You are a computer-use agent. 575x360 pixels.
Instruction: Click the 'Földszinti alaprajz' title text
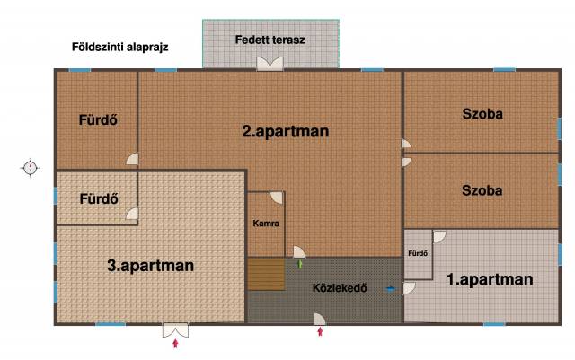pyautogui.click(x=119, y=48)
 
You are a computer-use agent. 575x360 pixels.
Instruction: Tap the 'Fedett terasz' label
pyautogui.click(x=270, y=40)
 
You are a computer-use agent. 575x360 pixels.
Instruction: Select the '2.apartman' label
pyautogui.click(x=286, y=131)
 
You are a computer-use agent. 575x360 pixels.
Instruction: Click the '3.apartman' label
pyautogui.click(x=150, y=266)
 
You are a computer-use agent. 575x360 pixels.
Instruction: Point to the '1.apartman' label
pyautogui.click(x=490, y=279)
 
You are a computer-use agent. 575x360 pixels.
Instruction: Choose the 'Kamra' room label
pyautogui.click(x=266, y=223)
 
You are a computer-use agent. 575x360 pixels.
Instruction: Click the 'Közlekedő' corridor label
pyautogui.click(x=340, y=288)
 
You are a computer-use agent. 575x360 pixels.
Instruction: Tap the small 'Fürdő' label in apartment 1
pyautogui.click(x=418, y=253)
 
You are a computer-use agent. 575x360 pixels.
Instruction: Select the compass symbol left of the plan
pyautogui.click(x=30, y=168)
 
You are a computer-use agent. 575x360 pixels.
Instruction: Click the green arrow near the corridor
pyautogui.click(x=300, y=264)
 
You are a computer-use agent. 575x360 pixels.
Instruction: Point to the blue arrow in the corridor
pyautogui.click(x=391, y=289)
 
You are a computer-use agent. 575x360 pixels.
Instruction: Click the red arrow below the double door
pyautogui.click(x=175, y=343)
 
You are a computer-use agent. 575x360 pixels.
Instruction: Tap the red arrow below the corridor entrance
pyautogui.click(x=320, y=331)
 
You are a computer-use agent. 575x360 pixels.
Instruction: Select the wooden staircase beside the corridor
pyautogui.click(x=266, y=274)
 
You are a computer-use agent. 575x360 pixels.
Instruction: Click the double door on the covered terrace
pyautogui.click(x=270, y=64)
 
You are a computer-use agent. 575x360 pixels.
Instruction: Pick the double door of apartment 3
pyautogui.click(x=176, y=330)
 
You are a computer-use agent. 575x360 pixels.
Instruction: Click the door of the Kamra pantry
pyautogui.click(x=277, y=198)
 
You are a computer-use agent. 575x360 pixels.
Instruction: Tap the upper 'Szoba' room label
pyautogui.click(x=482, y=114)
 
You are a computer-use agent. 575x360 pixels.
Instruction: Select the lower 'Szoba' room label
pyautogui.click(x=482, y=190)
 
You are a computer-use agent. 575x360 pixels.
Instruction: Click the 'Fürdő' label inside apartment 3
pyautogui.click(x=99, y=198)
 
